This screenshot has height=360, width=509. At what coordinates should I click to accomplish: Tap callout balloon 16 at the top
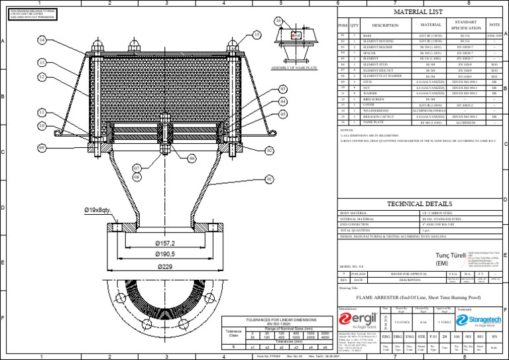tap(278, 21)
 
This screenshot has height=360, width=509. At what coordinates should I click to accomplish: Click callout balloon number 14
tap(42, 40)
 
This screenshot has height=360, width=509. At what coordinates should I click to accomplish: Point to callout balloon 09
tap(42, 147)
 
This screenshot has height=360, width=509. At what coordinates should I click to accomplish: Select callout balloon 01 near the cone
tap(269, 178)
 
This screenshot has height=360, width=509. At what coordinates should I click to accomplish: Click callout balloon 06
tap(191, 158)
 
